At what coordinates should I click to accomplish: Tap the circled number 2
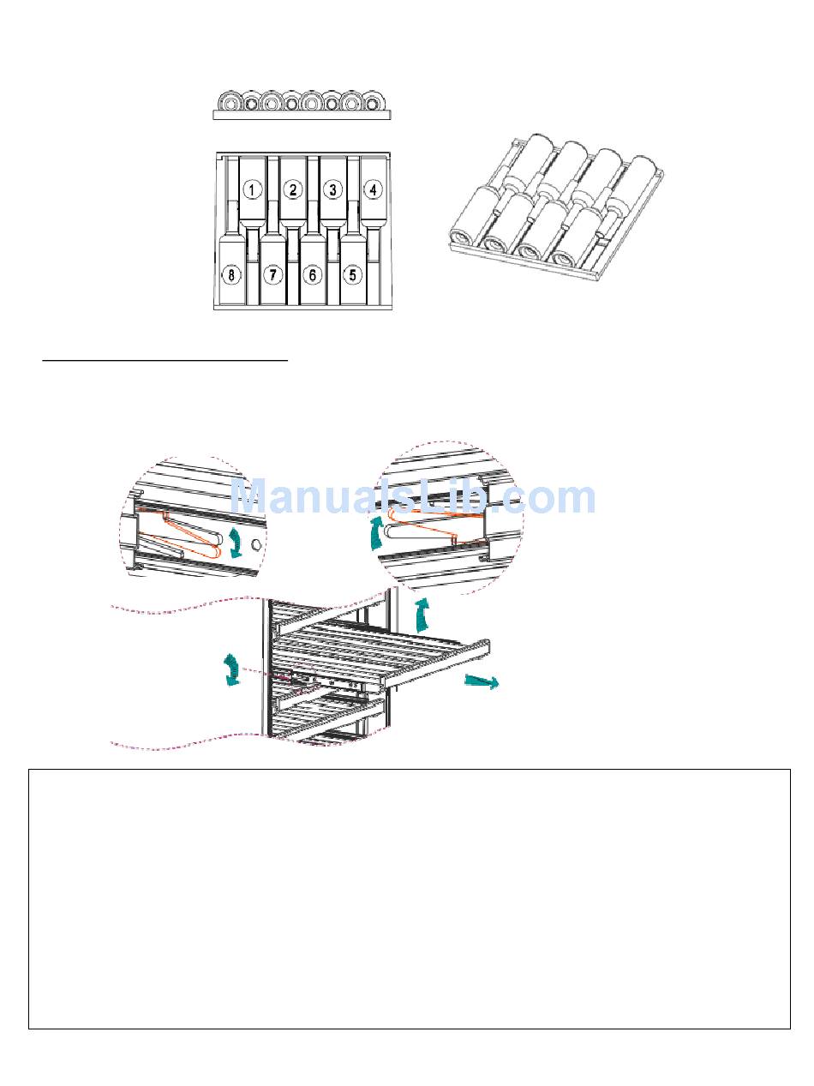click(x=293, y=189)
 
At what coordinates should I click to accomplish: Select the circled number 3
click(x=332, y=189)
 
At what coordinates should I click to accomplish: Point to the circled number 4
click(x=372, y=189)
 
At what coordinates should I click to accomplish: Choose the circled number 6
click(x=313, y=275)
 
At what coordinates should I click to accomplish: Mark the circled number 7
click(x=272, y=275)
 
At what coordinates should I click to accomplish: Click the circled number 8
click(x=230, y=275)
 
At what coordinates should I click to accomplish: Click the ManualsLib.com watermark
click(x=413, y=497)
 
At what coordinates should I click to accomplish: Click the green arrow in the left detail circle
click(x=235, y=543)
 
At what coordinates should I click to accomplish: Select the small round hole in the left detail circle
click(x=254, y=544)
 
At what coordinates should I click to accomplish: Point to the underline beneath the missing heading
click(x=165, y=362)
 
